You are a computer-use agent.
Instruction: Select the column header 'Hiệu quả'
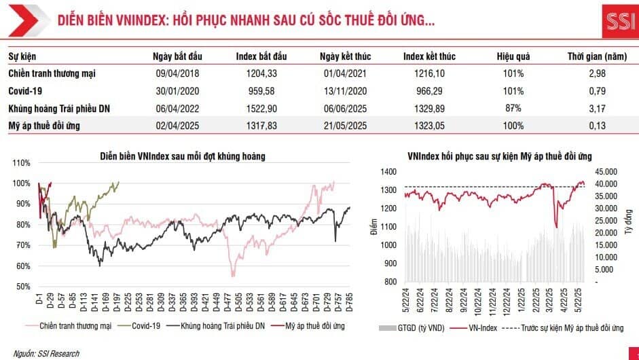click(x=513, y=56)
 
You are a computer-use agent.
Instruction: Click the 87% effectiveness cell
click(x=513, y=107)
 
